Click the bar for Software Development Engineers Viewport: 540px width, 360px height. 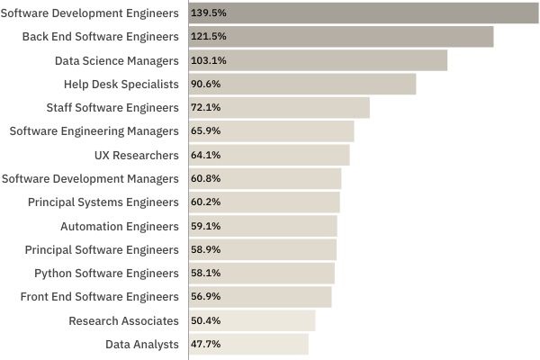pos(364,13)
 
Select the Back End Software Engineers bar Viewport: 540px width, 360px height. pos(341,36)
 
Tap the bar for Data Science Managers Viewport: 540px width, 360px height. pos(318,60)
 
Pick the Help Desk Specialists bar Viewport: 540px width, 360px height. pos(302,84)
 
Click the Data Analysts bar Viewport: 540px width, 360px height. pos(248,344)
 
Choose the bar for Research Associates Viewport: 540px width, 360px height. pos(252,320)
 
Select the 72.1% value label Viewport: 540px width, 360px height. pos(204,107)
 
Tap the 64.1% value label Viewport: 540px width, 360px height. pos(204,155)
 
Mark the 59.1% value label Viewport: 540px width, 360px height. pos(204,226)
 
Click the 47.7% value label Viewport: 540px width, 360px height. pos(204,344)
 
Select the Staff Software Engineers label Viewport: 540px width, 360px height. pos(112,107)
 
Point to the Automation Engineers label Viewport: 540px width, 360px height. pos(120,226)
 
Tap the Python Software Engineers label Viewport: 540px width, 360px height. pos(106,273)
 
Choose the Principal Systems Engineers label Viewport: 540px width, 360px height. pos(103,202)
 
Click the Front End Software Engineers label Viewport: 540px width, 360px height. pos(100,296)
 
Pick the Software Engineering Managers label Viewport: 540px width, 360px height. pos(94,131)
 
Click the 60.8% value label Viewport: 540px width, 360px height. pos(204,178)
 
